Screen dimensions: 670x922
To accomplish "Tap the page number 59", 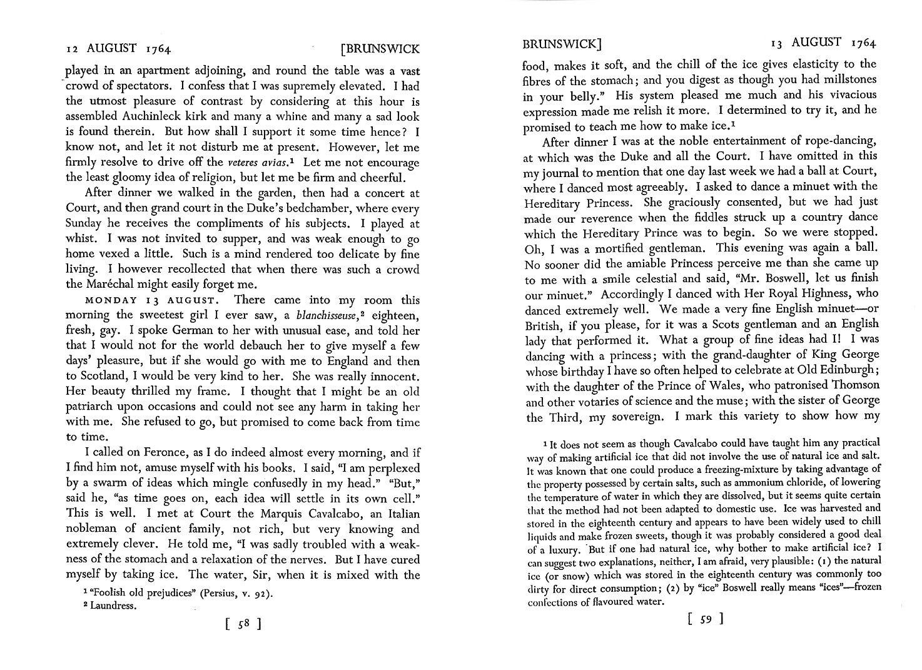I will pos(705,620).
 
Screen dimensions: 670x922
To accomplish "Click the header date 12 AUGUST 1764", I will pos(119,48).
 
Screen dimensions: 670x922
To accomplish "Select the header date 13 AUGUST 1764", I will pos(824,43).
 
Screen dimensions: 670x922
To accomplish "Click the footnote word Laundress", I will pos(115,606).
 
